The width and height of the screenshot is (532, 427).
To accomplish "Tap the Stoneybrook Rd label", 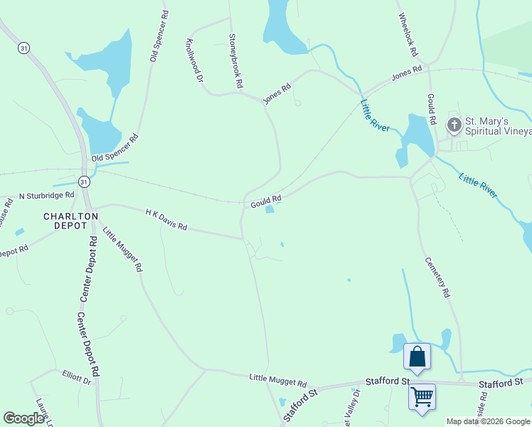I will click(235, 61).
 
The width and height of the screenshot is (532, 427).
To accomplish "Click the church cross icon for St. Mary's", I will click(454, 125).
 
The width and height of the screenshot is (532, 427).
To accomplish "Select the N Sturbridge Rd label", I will click(46, 195).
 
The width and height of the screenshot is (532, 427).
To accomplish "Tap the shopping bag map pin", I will click(417, 357).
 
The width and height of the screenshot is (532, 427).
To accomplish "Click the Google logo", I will click(24, 419).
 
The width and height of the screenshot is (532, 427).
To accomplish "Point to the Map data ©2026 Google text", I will click(488, 421).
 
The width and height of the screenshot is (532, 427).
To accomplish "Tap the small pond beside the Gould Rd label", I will click(270, 209).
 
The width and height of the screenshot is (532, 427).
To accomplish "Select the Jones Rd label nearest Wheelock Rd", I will click(407, 74).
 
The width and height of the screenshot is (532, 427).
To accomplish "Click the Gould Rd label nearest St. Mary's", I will click(432, 109).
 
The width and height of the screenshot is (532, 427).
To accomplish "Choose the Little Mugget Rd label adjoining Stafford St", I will click(277, 381).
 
